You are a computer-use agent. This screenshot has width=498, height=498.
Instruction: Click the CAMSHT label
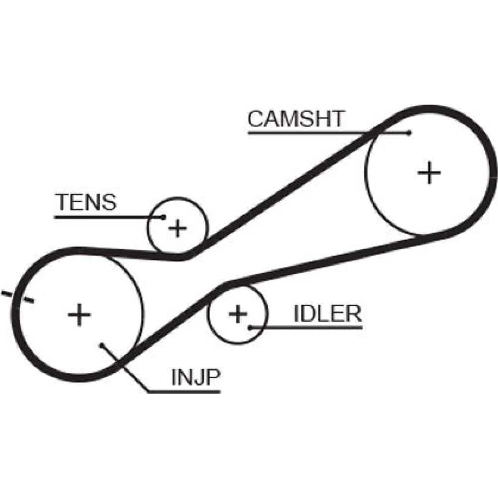[296, 119]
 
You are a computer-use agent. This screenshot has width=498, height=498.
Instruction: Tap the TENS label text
[86, 202]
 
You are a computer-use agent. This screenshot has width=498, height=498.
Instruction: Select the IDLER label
[327, 314]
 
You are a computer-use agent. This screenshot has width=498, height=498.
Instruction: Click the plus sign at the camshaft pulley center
[429, 173]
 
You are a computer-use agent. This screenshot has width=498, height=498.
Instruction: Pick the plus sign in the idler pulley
[238, 314]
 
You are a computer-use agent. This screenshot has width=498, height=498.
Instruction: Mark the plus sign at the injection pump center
[79, 315]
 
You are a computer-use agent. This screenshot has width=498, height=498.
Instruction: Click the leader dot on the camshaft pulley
[409, 133]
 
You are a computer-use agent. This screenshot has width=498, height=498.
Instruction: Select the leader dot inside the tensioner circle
[164, 217]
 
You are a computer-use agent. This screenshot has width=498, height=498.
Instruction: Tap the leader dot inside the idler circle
[249, 327]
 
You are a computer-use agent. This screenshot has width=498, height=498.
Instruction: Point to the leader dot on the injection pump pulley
[101, 345]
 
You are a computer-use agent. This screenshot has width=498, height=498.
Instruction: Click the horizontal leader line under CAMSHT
[309, 133]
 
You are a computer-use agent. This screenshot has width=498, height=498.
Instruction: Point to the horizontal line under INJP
[184, 392]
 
